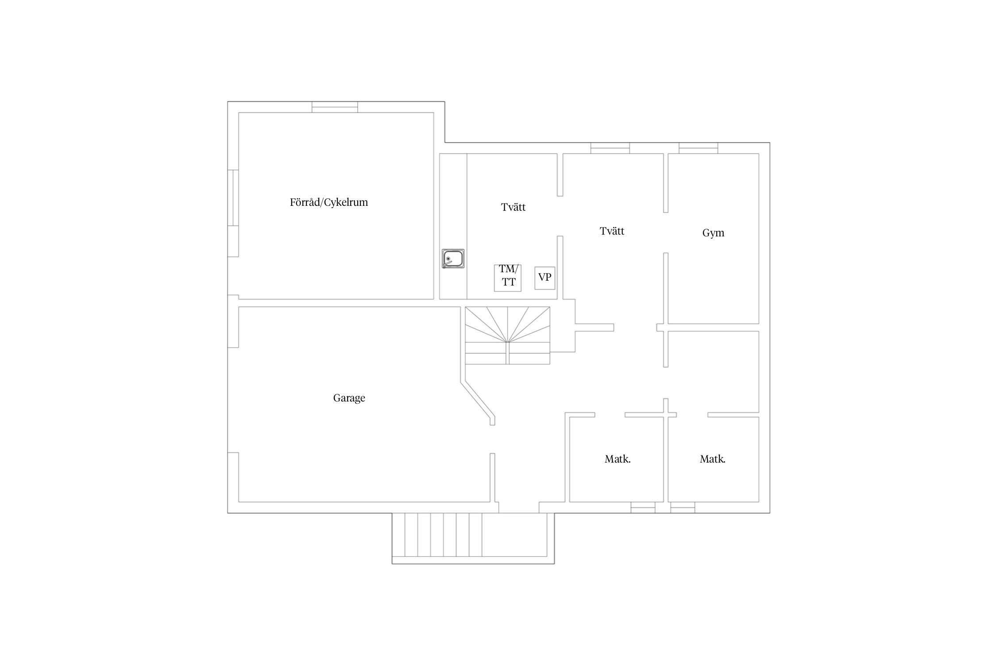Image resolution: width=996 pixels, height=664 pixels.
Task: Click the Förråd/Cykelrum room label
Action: [329, 203]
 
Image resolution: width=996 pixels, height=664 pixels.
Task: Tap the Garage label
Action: [349, 398]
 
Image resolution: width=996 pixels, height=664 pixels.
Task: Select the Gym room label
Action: [713, 233]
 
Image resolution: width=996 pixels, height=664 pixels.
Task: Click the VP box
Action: [544, 278]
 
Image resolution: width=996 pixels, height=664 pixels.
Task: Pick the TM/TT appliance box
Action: [508, 278]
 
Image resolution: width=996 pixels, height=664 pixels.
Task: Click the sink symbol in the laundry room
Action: [453, 259]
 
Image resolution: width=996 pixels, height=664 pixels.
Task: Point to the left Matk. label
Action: [618, 459]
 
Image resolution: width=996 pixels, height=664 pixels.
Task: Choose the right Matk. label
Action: [712, 459]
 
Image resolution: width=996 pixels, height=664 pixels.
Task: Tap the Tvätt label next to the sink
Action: [513, 207]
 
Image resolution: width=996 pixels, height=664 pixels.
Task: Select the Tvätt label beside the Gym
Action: [612, 231]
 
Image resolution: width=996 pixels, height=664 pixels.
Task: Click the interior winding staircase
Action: [507, 336]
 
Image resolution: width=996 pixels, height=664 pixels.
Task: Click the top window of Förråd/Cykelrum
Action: [335, 107]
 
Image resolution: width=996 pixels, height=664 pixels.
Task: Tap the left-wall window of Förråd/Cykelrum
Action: [233, 198]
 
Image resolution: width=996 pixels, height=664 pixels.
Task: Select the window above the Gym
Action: [699, 148]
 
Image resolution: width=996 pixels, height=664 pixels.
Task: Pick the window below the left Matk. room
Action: [643, 507]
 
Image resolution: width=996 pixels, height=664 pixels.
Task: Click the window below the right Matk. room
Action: [683, 507]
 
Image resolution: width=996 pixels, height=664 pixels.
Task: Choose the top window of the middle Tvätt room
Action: [610, 148]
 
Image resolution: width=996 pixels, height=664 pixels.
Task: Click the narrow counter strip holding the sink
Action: [453, 226]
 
